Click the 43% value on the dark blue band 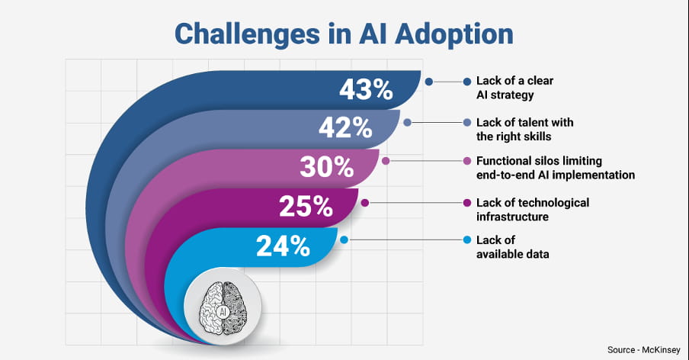(366, 90)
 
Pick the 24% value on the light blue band (284, 246)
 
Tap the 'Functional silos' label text (555, 168)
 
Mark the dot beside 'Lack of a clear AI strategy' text (466, 81)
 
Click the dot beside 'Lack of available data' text (466, 240)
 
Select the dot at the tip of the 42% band (408, 122)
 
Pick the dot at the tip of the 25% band (365, 203)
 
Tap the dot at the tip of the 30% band (386, 161)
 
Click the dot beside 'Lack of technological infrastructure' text (466, 202)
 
